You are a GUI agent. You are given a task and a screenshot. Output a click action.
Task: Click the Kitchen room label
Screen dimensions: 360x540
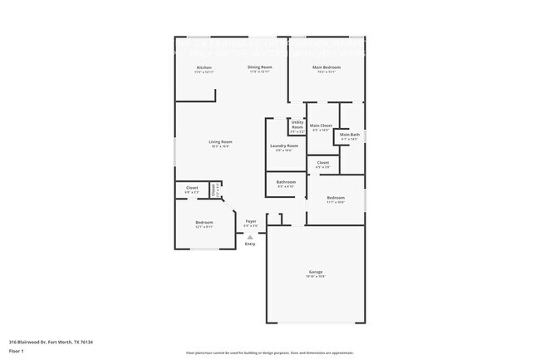point(204,67)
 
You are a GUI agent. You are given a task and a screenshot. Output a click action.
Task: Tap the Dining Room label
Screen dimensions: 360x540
point(260,67)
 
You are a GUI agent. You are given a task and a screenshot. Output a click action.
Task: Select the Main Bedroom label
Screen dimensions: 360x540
point(326,67)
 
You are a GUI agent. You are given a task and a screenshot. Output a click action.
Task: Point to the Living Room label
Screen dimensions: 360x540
point(220,142)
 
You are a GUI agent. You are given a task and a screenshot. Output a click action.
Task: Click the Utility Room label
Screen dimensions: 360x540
point(297,126)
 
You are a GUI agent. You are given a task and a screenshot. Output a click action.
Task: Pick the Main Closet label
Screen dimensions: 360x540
point(321,126)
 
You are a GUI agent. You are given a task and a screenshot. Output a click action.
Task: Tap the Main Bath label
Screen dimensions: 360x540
point(350,135)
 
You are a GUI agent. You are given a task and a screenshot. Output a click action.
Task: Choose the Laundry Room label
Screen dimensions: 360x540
point(283,146)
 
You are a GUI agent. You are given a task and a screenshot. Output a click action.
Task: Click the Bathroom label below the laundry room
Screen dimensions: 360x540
point(286,181)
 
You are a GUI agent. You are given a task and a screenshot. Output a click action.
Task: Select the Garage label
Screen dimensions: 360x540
point(316,272)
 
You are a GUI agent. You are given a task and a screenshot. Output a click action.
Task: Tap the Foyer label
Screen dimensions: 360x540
point(250,221)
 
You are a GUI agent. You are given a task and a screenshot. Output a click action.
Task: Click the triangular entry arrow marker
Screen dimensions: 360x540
point(249,236)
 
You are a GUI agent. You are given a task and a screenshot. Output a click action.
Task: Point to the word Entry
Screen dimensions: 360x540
point(250,244)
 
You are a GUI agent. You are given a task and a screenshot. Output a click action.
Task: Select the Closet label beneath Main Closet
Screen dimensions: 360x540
point(323,163)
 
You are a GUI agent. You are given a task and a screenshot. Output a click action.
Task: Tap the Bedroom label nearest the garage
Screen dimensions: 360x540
point(335,198)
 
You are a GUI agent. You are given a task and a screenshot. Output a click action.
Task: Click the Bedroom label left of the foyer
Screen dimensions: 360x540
point(204,222)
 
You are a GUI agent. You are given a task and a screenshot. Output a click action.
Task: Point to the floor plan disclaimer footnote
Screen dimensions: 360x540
point(269,353)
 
